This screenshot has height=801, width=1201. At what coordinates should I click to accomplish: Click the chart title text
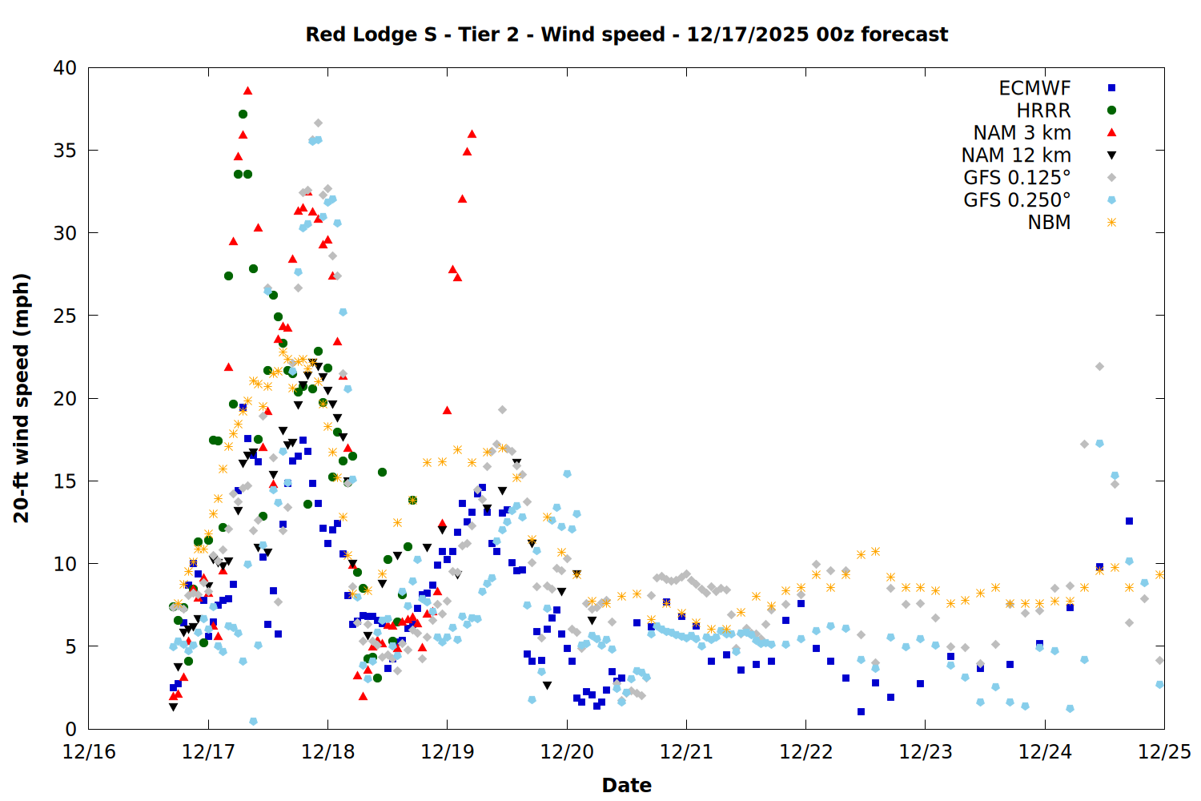click(626, 34)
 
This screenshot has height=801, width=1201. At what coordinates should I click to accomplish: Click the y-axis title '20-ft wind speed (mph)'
click(22, 398)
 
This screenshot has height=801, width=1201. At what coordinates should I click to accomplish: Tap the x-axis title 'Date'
click(626, 785)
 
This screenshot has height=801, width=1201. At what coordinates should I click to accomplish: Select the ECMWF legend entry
click(1034, 88)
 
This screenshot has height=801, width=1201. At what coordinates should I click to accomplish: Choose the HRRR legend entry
click(1043, 111)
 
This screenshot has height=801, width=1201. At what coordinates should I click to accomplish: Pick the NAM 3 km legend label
click(1022, 133)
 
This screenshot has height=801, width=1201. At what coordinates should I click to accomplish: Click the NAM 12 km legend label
click(1016, 155)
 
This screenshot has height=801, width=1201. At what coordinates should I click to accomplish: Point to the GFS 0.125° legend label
click(1017, 178)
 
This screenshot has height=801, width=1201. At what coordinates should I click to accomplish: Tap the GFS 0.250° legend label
click(1017, 200)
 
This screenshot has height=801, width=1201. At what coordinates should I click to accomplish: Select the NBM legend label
click(1049, 223)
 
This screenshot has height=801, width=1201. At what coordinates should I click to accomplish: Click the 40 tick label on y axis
click(65, 68)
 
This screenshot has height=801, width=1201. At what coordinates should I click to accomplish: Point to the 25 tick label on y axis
click(65, 316)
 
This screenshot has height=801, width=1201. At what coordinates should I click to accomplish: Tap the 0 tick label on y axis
click(70, 729)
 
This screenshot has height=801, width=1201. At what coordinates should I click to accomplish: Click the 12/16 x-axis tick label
click(89, 752)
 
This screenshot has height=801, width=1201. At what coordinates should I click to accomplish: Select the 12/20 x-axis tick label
click(567, 752)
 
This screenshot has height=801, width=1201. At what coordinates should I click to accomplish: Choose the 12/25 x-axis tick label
click(1164, 752)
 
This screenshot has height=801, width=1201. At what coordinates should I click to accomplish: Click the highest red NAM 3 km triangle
click(247, 91)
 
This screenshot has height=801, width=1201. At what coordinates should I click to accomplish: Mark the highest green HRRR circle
click(243, 115)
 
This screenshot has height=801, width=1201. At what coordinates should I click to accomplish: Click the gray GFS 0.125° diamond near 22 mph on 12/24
click(1099, 367)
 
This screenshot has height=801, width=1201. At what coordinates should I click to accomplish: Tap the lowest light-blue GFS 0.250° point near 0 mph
click(253, 722)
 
